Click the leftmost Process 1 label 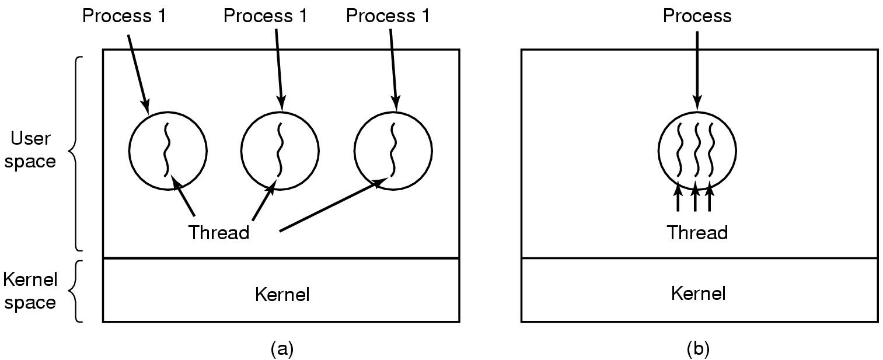pos(124,16)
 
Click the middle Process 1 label pos(266,16)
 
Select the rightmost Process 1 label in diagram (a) pos(388,16)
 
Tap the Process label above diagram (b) pos(697,16)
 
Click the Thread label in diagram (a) pos(218,232)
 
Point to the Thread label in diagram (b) pos(697,233)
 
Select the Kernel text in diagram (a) pos(282,294)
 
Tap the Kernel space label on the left pos(30,291)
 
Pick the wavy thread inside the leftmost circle pos(166,149)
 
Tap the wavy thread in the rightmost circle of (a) pos(393,149)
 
